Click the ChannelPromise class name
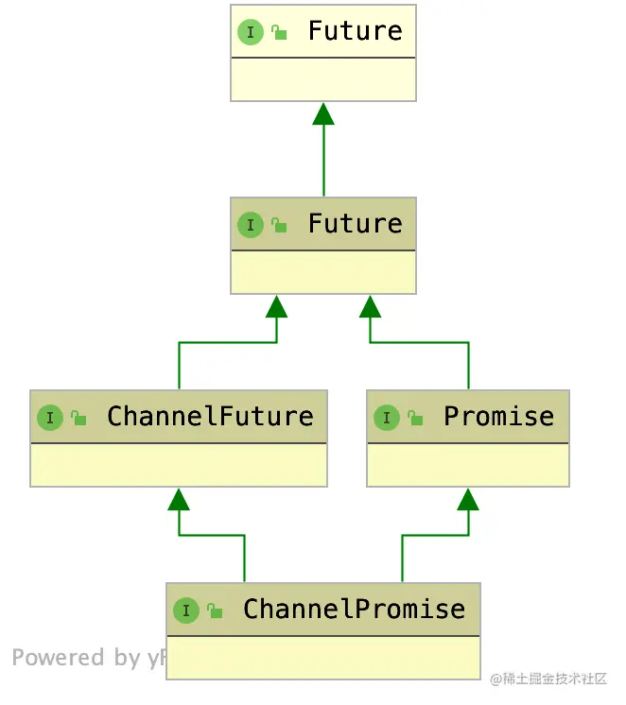[x=354, y=610]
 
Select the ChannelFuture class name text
[x=210, y=417]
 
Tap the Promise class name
[x=498, y=417]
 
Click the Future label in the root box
[x=355, y=31]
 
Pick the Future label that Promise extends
[x=355, y=224]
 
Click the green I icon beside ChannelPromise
[x=185, y=610]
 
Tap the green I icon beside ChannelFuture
[x=49, y=418]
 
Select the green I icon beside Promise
[x=386, y=418]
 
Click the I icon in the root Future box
[x=250, y=32]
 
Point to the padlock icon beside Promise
[x=415, y=417]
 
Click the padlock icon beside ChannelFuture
[x=78, y=417]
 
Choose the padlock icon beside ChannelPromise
[x=215, y=610]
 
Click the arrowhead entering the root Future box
[x=323, y=114]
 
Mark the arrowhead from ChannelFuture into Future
[x=276, y=306]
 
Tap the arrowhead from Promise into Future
[x=370, y=306]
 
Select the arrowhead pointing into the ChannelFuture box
[x=179, y=499]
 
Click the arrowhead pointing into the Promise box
[x=468, y=499]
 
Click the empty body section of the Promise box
[x=468, y=465]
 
